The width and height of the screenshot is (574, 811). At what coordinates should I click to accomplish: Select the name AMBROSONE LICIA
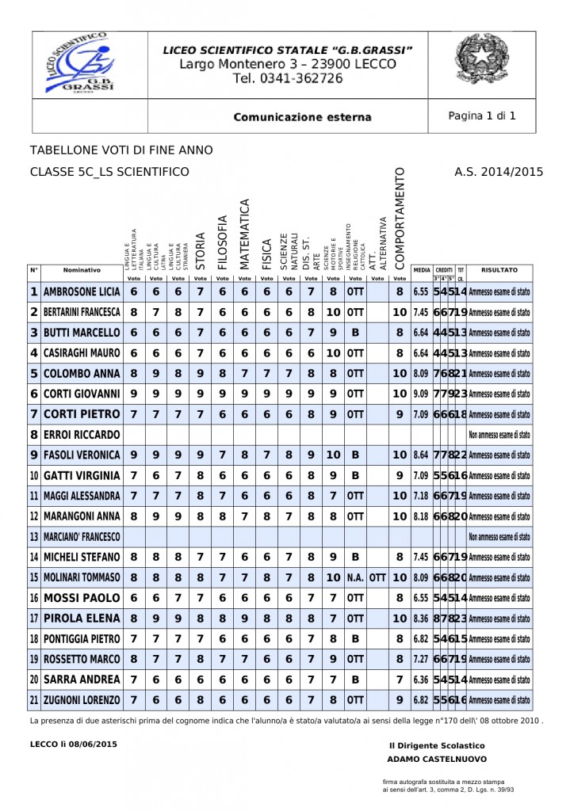point(81,291)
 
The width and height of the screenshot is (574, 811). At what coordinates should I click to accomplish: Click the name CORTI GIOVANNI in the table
point(81,394)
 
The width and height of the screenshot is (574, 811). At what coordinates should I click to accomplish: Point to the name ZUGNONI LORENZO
point(81,700)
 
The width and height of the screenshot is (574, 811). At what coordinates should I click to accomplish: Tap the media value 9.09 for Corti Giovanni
point(421,394)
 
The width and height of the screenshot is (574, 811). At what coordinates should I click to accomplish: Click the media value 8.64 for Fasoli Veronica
point(421,455)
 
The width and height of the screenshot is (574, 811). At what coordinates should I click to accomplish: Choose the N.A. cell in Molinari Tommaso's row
point(355,577)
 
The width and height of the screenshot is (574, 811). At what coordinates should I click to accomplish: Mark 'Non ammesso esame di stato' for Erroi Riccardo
point(499,435)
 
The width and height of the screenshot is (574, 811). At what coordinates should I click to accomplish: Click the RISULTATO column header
point(499,270)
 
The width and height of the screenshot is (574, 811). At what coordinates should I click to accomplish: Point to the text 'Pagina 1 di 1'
point(482,116)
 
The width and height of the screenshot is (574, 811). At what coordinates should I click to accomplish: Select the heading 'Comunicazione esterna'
point(302,117)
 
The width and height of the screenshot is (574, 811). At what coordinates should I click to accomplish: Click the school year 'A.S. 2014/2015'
point(499,171)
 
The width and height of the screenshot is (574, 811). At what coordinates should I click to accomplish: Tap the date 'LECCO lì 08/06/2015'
point(73,744)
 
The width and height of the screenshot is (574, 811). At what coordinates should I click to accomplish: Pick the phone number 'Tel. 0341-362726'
point(288,78)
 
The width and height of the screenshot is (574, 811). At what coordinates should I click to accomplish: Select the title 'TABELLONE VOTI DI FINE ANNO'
point(121,150)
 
